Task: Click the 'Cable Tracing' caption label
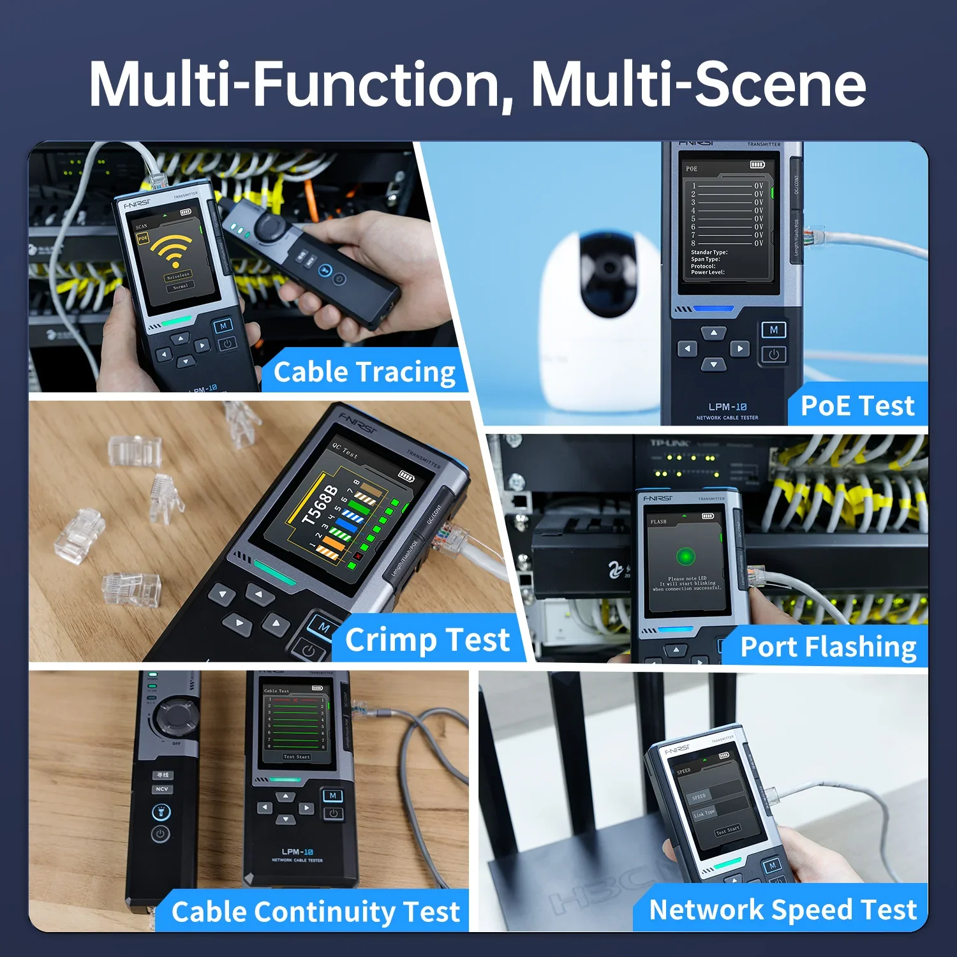pos(364,372)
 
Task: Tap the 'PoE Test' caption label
pos(857,406)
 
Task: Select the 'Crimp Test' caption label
pos(427,640)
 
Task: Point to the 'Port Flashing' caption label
pos(828,647)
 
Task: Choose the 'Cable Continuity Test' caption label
pos(315,912)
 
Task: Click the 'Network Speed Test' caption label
pos(782,910)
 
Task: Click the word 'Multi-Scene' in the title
pos(698,84)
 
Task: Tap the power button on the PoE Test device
pos(773,355)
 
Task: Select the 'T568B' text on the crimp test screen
pos(319,505)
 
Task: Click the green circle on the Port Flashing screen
pos(686,556)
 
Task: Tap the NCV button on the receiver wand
pos(162,789)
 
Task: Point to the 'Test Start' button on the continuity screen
pos(297,757)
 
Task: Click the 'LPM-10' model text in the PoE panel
pos(727,407)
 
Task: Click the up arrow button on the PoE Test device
pos(713,333)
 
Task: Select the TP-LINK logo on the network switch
pos(669,443)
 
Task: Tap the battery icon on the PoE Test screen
pos(757,165)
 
